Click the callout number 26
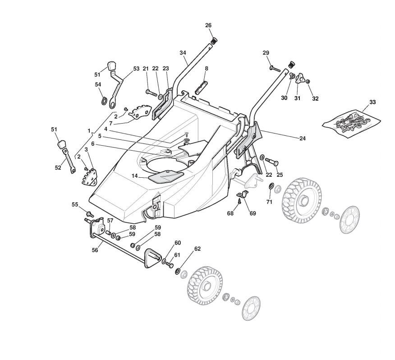tap(208, 25)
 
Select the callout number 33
tap(372, 102)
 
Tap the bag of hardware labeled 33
tap(351, 123)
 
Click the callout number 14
tap(135, 176)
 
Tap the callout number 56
tap(95, 250)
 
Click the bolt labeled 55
tap(90, 214)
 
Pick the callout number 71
tap(269, 202)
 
